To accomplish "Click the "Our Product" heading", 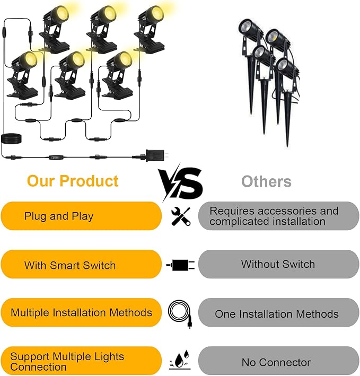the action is point(73,181).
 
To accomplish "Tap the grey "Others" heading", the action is point(266,181).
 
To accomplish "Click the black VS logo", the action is point(180,183).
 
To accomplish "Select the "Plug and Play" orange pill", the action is point(81,216).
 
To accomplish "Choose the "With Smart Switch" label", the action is point(70,265).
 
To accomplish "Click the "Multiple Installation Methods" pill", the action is point(81,312).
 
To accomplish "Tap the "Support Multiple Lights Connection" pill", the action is point(81,361).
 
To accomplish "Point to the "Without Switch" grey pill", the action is point(278,264).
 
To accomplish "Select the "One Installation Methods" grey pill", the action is point(278,312).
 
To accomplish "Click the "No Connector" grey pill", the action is point(278,361).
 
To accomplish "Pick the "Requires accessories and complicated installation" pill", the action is point(278,216).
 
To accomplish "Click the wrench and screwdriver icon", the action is point(181,216).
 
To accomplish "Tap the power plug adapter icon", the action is point(180,265).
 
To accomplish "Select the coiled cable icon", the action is point(180,314).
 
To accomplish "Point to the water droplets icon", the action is point(180,360).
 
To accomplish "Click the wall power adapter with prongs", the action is point(156,155).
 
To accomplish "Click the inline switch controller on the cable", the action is point(56,158).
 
